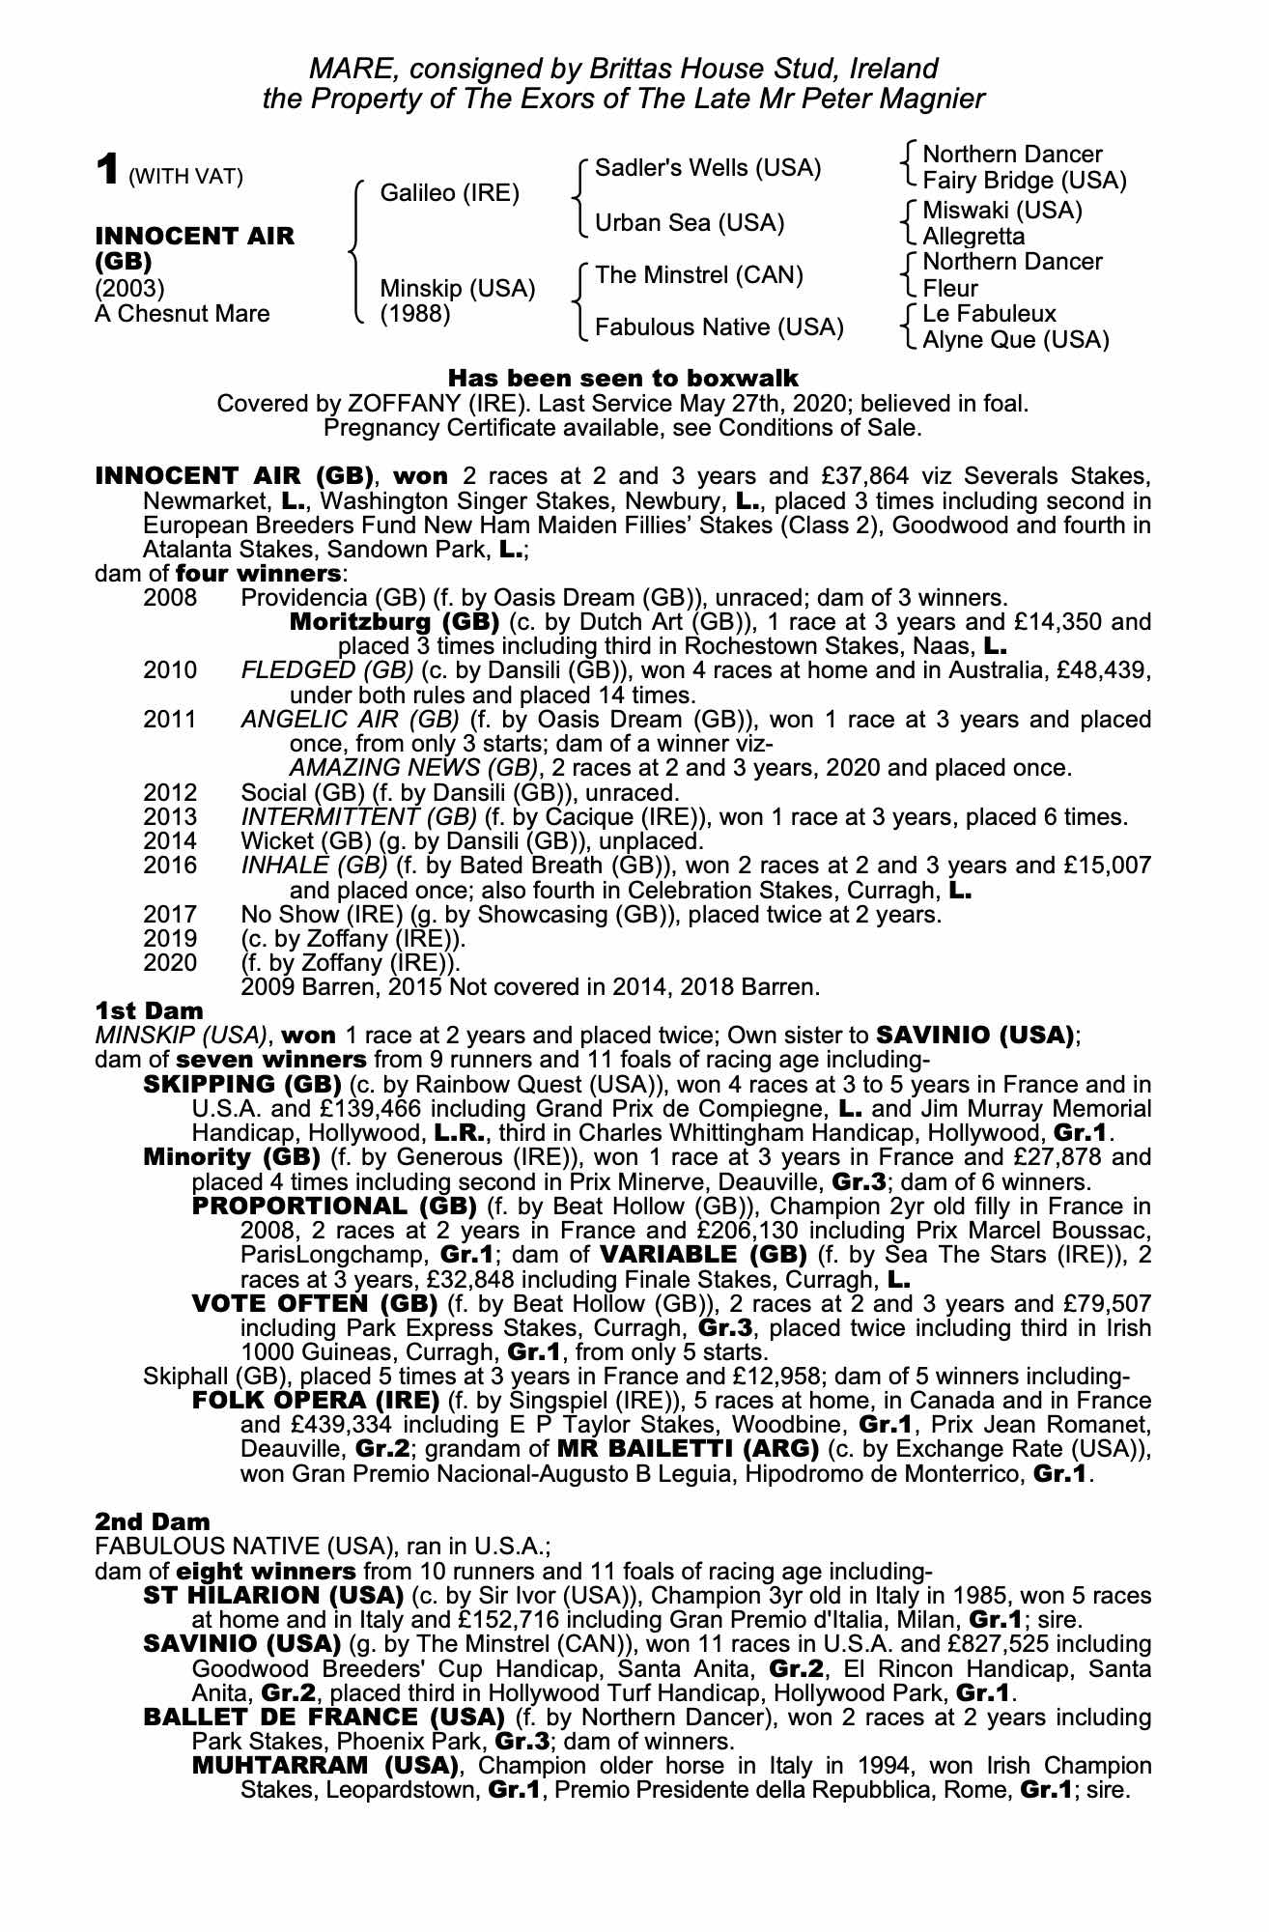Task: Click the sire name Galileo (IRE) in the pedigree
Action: pyautogui.click(x=449, y=193)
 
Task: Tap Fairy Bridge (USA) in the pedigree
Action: pyautogui.click(x=1024, y=181)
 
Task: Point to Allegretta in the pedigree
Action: pyautogui.click(x=973, y=237)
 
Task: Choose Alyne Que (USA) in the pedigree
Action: pyautogui.click(x=1016, y=340)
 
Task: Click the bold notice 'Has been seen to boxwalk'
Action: pyautogui.click(x=624, y=377)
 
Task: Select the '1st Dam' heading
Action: pyautogui.click(x=149, y=1010)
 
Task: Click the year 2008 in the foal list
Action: pyautogui.click(x=170, y=597)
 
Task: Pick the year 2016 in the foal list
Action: pyautogui.click(x=170, y=866)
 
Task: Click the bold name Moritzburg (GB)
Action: pyautogui.click(x=394, y=621)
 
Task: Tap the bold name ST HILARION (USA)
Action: pyautogui.click(x=272, y=1594)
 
